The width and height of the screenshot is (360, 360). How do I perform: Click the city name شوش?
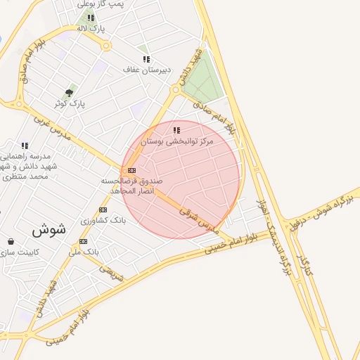pyautogui.click(x=49, y=229)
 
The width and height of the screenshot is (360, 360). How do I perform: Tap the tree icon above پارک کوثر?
pyautogui.click(x=69, y=92)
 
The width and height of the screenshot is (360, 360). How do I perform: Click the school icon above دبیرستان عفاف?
pyautogui.click(x=146, y=59)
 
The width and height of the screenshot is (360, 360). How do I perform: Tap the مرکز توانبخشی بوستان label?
pyautogui.click(x=176, y=141)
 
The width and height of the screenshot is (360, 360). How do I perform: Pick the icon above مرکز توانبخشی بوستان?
pyautogui.click(x=176, y=130)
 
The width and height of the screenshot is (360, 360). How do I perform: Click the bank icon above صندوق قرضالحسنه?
pyautogui.click(x=131, y=170)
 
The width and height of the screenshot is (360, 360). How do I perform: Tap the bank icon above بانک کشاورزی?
pyautogui.click(x=103, y=210)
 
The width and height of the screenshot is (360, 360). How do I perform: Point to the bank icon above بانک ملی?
pyautogui.click(x=84, y=241)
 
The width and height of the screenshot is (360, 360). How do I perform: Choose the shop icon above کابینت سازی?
pyautogui.click(x=10, y=241)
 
